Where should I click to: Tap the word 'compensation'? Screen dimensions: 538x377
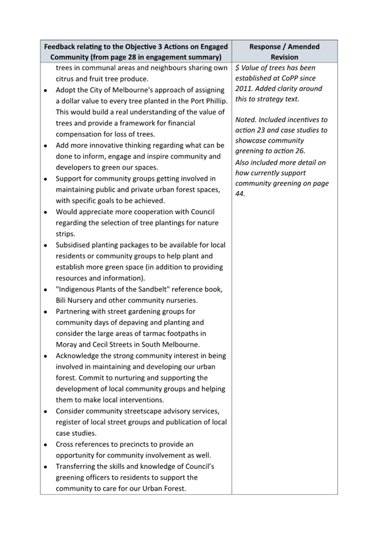(81, 134)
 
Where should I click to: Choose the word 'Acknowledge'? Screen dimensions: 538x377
(81, 356)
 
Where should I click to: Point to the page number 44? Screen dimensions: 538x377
(239, 193)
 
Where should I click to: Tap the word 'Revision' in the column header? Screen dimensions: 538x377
(284, 57)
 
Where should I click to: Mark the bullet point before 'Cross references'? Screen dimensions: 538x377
(45, 444)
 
